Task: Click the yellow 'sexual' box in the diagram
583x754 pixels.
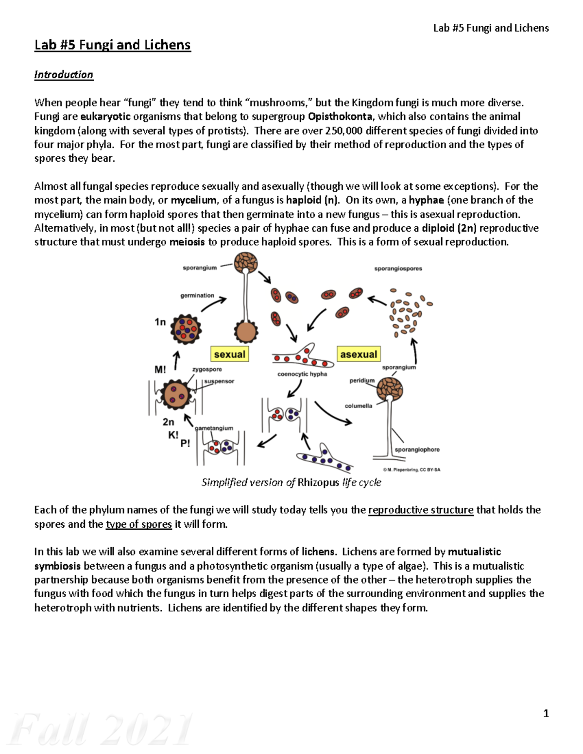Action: pyautogui.click(x=229, y=354)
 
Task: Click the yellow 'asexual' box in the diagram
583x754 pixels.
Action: pyautogui.click(x=359, y=354)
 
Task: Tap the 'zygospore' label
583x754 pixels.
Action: pyautogui.click(x=207, y=369)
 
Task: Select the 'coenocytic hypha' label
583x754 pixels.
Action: pyautogui.click(x=302, y=374)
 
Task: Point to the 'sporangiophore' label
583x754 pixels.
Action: pyautogui.click(x=417, y=450)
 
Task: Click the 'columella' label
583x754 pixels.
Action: pyautogui.click(x=358, y=406)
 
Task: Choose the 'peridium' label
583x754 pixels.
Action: pyautogui.click(x=362, y=381)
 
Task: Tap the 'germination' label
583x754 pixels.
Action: pyautogui.click(x=197, y=295)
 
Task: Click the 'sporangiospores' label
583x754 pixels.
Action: pyautogui.click(x=398, y=268)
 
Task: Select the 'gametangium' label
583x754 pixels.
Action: pyautogui.click(x=214, y=428)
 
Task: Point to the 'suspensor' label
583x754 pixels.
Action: pyautogui.click(x=219, y=381)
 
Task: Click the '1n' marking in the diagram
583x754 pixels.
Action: pyautogui.click(x=160, y=322)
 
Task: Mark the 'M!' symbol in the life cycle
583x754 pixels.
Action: pyautogui.click(x=160, y=369)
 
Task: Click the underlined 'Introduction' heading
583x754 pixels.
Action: pyautogui.click(x=64, y=75)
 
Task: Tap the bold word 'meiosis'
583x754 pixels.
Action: pyautogui.click(x=187, y=242)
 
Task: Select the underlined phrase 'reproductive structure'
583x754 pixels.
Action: pyautogui.click(x=421, y=510)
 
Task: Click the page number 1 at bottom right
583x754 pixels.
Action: pyautogui.click(x=546, y=713)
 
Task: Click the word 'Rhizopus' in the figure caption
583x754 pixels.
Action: pyautogui.click(x=318, y=483)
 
